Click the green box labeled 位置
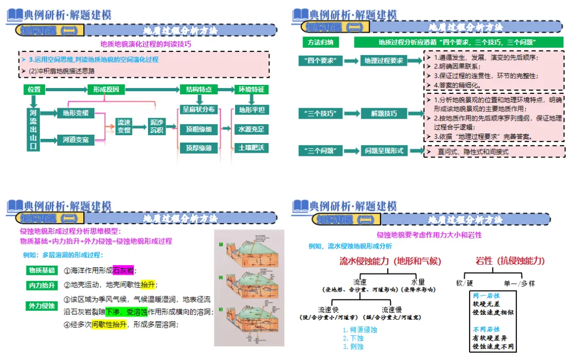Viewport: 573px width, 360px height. (34, 90)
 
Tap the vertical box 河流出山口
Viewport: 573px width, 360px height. (34, 129)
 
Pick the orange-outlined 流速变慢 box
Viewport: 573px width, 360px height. (124, 127)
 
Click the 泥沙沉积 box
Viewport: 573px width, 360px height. (157, 126)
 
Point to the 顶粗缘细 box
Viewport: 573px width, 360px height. (199, 129)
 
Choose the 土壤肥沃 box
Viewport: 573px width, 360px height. (251, 147)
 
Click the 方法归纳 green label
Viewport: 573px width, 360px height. (320, 41)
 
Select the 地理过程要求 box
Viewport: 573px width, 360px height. (384, 61)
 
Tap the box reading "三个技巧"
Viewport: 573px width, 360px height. (320, 113)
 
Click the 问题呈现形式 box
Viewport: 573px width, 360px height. (384, 151)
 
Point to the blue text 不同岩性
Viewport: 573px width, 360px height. (486, 329)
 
